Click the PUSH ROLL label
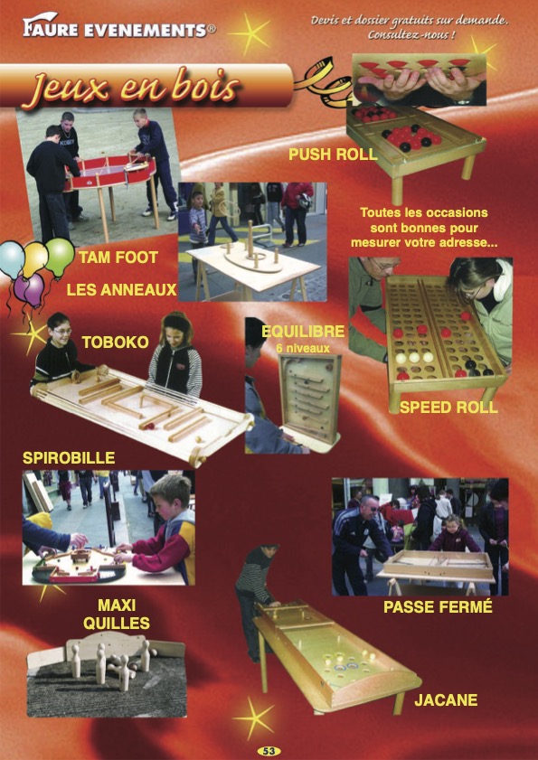[333, 155]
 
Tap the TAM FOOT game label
[118, 258]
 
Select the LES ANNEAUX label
[122, 290]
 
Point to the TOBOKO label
[115, 342]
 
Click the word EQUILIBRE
[303, 331]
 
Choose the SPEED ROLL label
[448, 408]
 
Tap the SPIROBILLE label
[69, 457]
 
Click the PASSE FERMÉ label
[438, 607]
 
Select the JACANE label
[446, 699]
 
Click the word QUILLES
[117, 624]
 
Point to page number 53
[269, 751]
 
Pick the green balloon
[60, 257]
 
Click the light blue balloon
[12, 259]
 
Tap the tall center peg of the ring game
[250, 239]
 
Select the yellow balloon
[35, 259]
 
